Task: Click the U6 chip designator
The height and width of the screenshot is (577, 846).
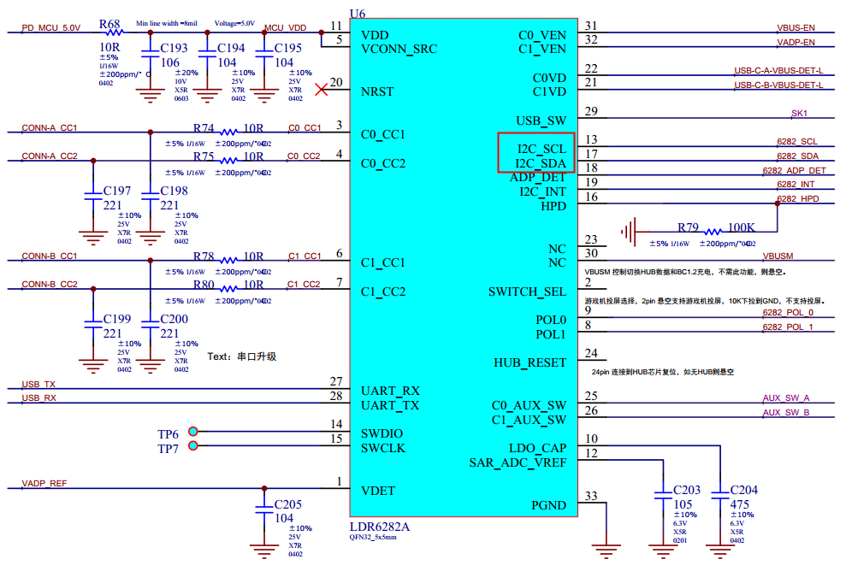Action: pyautogui.click(x=358, y=12)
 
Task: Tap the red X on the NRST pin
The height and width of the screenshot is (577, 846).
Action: pyautogui.click(x=322, y=89)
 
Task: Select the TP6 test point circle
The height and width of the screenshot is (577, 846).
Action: pyautogui.click(x=193, y=432)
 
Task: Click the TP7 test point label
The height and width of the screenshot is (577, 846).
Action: pyautogui.click(x=168, y=449)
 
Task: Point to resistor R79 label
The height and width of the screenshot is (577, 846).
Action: pyautogui.click(x=688, y=227)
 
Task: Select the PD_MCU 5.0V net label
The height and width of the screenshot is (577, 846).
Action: pyautogui.click(x=50, y=28)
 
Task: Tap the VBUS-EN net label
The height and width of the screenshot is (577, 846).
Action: pyautogui.click(x=796, y=28)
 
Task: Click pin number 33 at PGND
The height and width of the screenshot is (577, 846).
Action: pyautogui.click(x=591, y=496)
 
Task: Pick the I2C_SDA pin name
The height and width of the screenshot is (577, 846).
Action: pyautogui.click(x=541, y=163)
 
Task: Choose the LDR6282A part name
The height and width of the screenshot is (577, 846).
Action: pyautogui.click(x=380, y=527)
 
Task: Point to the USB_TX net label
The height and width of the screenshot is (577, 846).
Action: pyautogui.click(x=38, y=385)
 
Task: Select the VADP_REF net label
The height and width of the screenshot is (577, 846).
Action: pyautogui.click(x=44, y=484)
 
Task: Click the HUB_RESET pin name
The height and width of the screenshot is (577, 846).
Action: pyautogui.click(x=529, y=362)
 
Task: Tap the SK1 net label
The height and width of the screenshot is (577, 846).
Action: pyautogui.click(x=799, y=114)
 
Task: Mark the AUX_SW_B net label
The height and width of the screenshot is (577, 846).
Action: pyautogui.click(x=785, y=413)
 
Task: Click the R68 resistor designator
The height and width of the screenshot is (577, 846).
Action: pyautogui.click(x=110, y=24)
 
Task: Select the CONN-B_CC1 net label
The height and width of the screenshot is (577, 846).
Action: pyautogui.click(x=50, y=256)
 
